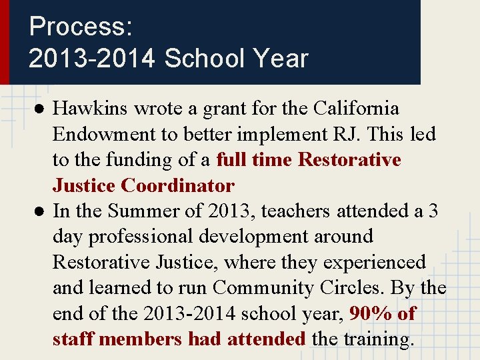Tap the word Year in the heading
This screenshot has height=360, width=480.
[x=281, y=59]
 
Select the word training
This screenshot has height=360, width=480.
[x=378, y=339]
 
